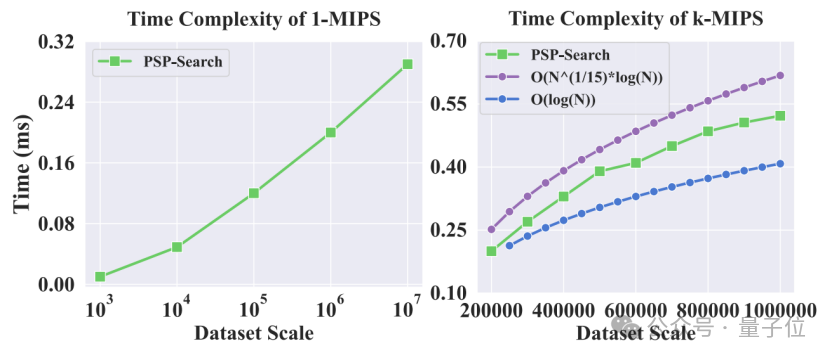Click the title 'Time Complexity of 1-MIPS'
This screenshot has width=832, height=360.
(254, 19)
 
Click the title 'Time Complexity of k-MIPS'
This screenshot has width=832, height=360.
(636, 19)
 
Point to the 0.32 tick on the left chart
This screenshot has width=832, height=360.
(58, 41)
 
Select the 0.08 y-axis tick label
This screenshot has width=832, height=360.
(58, 224)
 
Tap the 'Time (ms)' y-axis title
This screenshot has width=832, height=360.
(22, 163)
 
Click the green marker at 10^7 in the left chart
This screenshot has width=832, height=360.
(408, 64)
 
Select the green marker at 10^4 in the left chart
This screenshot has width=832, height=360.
(177, 247)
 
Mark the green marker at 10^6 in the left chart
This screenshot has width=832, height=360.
(331, 132)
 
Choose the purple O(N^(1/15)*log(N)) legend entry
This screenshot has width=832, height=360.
(575, 78)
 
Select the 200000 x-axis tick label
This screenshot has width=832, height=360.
(491, 310)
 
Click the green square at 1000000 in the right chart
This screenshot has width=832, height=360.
(780, 116)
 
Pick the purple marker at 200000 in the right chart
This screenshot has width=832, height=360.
(491, 229)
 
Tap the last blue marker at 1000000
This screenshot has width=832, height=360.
(780, 164)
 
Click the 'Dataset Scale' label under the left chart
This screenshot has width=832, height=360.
(254, 333)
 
